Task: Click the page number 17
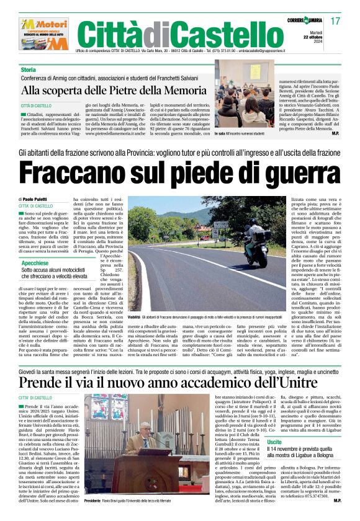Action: pyautogui.click(x=336, y=22)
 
